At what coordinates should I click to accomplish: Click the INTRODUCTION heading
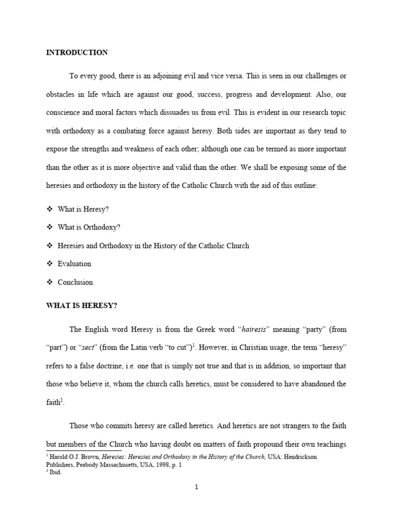[x=77, y=53]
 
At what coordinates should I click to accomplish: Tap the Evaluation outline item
[x=74, y=264]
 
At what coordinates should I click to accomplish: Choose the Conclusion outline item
[x=75, y=282]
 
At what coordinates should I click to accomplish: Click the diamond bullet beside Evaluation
[x=50, y=264]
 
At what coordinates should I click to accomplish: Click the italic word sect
[x=88, y=348]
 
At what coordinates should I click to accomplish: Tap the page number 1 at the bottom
[x=196, y=487]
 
